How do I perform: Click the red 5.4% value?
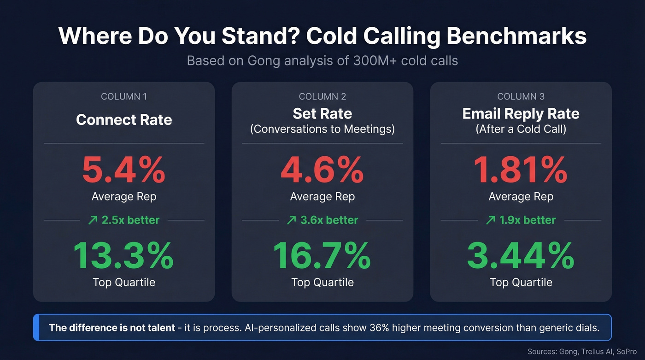tap(123, 171)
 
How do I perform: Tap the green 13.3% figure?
tap(123, 256)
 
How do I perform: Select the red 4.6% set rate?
tap(322, 171)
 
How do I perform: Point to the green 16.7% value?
tap(322, 256)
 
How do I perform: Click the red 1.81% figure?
tap(521, 171)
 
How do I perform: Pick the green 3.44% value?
tap(521, 256)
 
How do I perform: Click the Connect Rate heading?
tap(124, 120)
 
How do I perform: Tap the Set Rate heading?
tap(322, 113)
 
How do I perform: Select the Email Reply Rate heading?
tap(521, 113)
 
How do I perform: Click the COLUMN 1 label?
tap(124, 96)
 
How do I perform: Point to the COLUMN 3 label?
tap(521, 96)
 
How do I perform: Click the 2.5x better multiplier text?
tap(130, 220)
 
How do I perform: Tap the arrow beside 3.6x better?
tap(291, 220)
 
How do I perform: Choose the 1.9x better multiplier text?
tap(528, 220)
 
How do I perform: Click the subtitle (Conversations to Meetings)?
tap(322, 129)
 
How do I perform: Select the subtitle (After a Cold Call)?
tap(521, 129)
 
